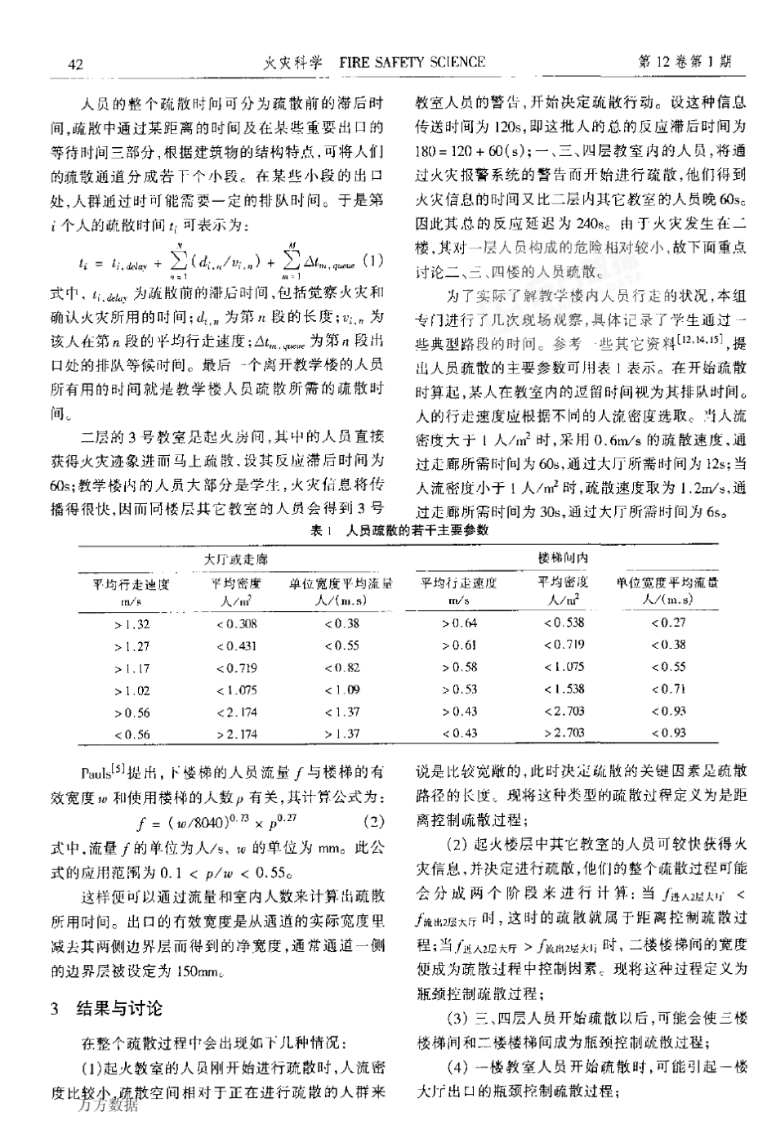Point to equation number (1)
(x=372, y=261)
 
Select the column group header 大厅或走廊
(x=236, y=560)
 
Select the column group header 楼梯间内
(x=564, y=558)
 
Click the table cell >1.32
(x=132, y=624)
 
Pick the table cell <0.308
(x=236, y=624)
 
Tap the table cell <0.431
(x=236, y=646)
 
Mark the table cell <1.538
(x=564, y=690)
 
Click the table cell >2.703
(x=564, y=733)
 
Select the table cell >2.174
(x=236, y=734)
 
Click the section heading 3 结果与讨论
(x=107, y=1009)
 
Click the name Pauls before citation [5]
(x=96, y=773)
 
